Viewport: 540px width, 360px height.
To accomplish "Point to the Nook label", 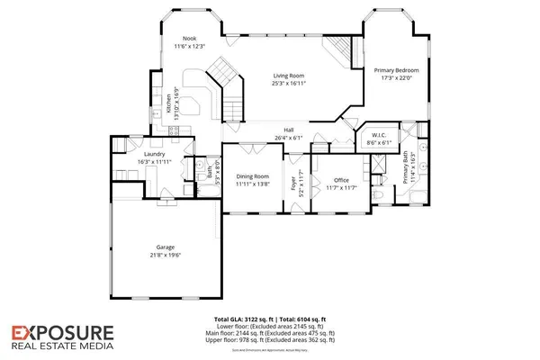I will (x=189, y=38).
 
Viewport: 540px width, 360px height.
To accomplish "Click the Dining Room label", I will (x=253, y=175).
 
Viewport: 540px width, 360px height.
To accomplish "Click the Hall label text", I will (x=290, y=130).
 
